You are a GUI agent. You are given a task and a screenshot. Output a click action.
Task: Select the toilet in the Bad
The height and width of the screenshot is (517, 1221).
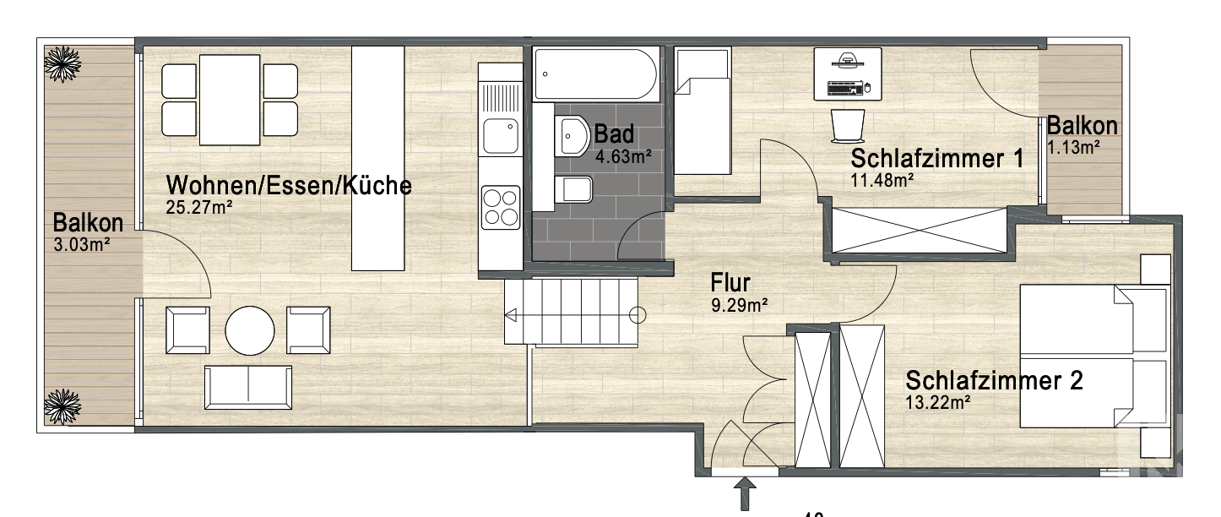[576, 189]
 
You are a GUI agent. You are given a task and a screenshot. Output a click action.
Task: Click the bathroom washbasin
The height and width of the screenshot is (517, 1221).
[573, 135]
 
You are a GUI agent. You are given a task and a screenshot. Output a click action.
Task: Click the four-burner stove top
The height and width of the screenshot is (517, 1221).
[500, 206]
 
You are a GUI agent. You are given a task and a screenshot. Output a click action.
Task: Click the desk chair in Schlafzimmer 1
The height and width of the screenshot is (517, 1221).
[848, 126]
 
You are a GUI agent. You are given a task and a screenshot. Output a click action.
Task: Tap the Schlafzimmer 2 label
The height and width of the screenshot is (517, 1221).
[994, 381]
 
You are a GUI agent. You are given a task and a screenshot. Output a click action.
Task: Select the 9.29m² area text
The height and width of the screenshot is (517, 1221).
[740, 306]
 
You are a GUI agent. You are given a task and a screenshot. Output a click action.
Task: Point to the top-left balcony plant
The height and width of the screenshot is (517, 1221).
[63, 63]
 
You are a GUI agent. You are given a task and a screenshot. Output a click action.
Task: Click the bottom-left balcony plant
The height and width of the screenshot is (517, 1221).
[63, 406]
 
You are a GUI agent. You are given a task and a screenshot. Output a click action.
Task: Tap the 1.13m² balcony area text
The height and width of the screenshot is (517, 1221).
[1073, 149]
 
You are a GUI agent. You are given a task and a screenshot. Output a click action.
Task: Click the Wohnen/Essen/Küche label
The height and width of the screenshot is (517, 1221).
[289, 186]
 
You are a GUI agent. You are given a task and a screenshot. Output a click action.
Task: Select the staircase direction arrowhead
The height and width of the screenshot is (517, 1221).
[511, 316]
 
